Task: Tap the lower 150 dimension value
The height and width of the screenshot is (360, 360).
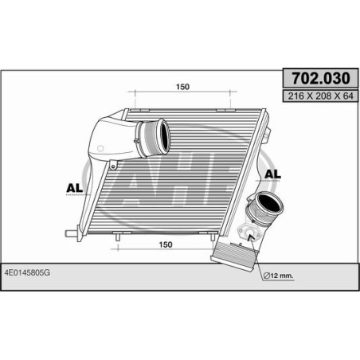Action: click(x=165, y=246)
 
